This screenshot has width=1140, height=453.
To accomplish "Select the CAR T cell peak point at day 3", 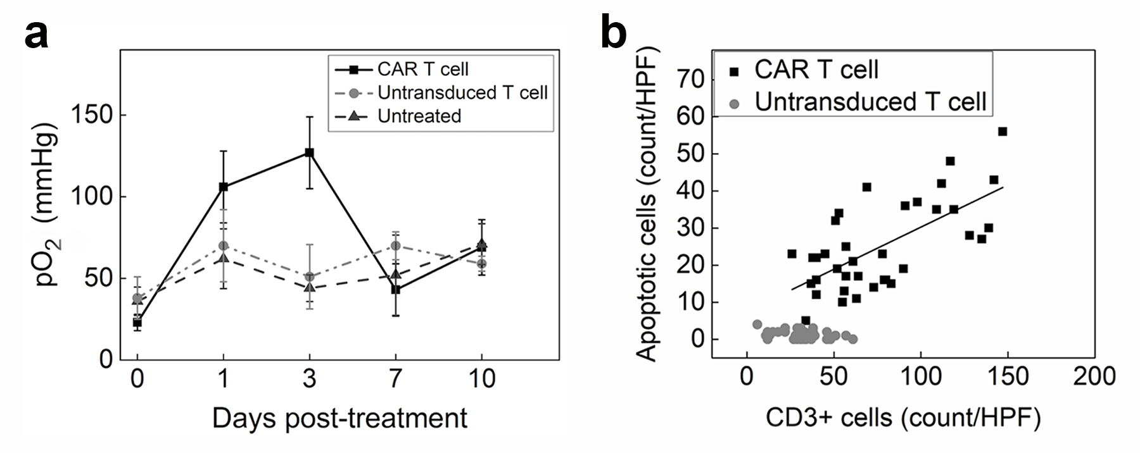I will click(x=309, y=152).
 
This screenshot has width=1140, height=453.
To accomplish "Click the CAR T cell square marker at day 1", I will click(x=223, y=187).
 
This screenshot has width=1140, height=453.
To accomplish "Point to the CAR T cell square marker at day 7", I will click(x=395, y=289).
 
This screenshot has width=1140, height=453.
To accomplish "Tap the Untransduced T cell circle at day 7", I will click(x=395, y=245).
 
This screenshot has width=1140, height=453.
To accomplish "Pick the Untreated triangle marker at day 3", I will click(x=309, y=287).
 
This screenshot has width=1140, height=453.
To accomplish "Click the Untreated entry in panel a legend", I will click(x=419, y=116).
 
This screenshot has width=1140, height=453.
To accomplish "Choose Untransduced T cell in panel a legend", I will click(x=462, y=92).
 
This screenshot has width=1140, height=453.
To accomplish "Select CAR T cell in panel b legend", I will click(x=816, y=69).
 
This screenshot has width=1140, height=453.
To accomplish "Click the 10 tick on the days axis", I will click(x=481, y=379).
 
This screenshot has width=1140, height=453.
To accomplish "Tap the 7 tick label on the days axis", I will click(x=395, y=379).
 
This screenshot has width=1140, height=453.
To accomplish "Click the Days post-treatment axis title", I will click(x=339, y=418).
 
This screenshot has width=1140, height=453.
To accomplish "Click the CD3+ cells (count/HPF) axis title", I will click(x=902, y=418).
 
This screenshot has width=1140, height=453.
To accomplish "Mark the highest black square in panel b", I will click(x=1002, y=132).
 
